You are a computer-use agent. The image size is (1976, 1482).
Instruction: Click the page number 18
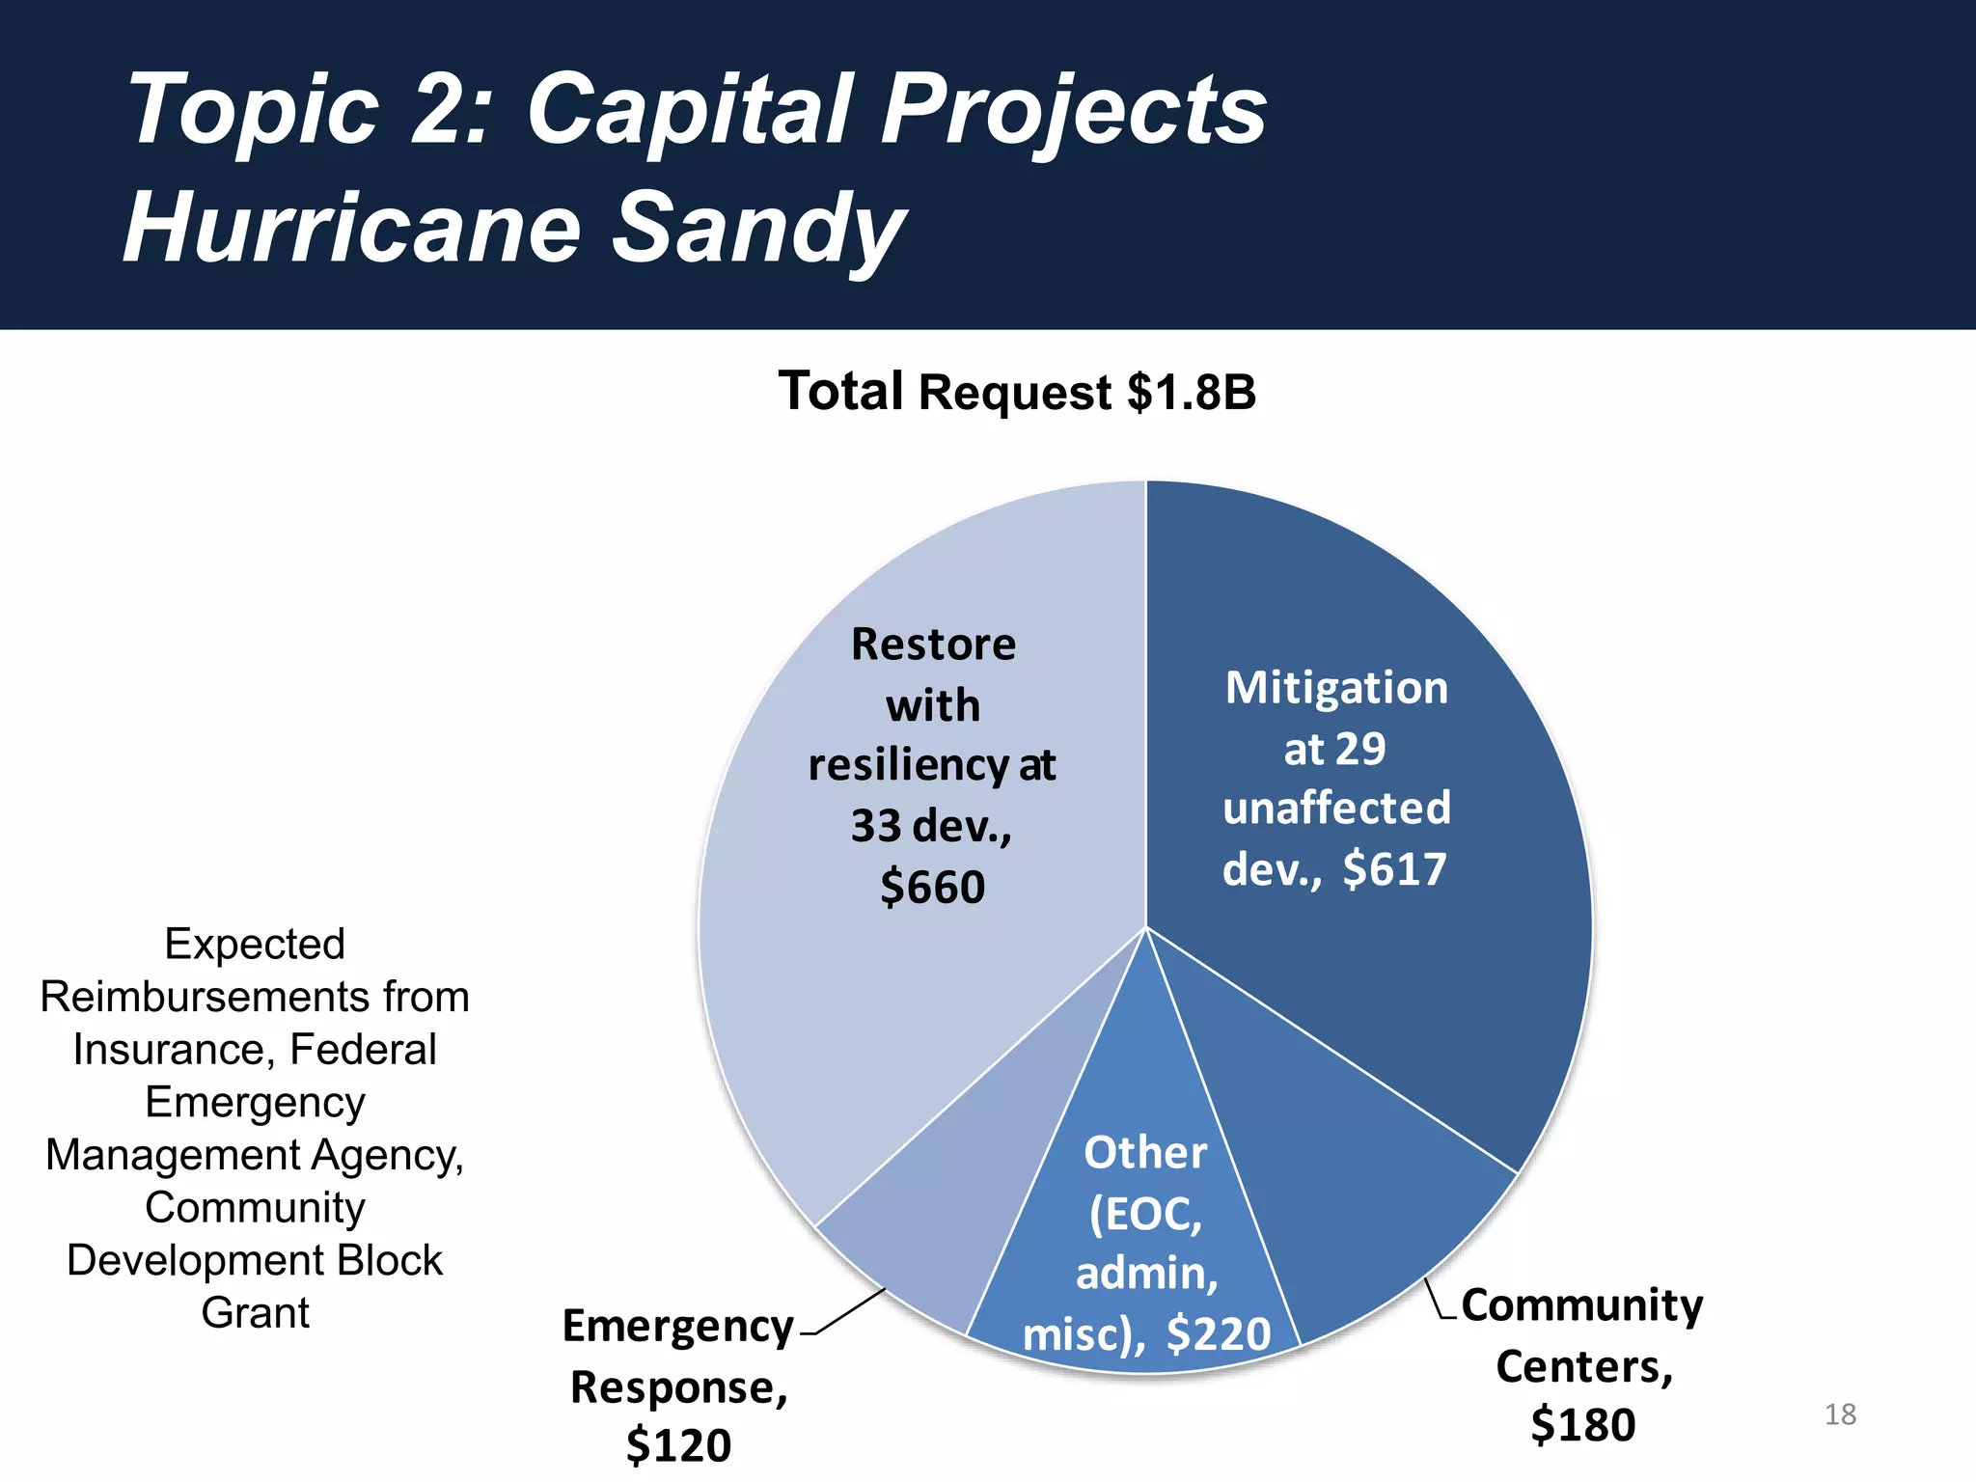tap(1840, 1414)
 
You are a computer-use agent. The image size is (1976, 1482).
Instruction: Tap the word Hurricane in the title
tap(352, 228)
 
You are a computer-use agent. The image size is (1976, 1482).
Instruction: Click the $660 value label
tap(932, 886)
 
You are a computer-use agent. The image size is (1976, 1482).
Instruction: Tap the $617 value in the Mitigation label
tap(1394, 868)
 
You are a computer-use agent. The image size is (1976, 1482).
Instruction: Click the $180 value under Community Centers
tap(1582, 1425)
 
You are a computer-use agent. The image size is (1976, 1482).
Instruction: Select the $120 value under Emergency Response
tap(678, 1444)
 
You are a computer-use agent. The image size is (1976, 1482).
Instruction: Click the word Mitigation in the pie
tap(1336, 688)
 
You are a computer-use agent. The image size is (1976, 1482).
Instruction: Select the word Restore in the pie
tap(933, 644)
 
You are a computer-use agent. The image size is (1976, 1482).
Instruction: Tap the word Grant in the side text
tap(255, 1312)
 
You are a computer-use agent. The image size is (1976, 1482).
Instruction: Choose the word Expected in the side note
tap(255, 944)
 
